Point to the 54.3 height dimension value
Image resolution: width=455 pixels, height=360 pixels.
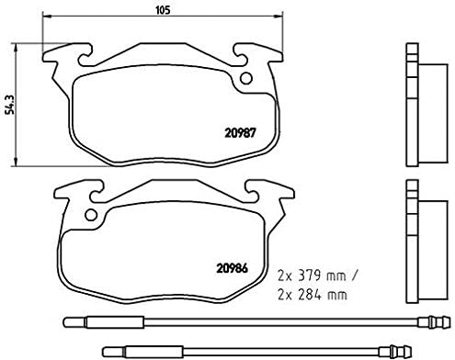click(x=9, y=94)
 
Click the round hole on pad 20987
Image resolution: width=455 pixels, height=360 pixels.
click(x=245, y=78)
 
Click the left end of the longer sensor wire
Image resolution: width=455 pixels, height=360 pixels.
click(x=66, y=321)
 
